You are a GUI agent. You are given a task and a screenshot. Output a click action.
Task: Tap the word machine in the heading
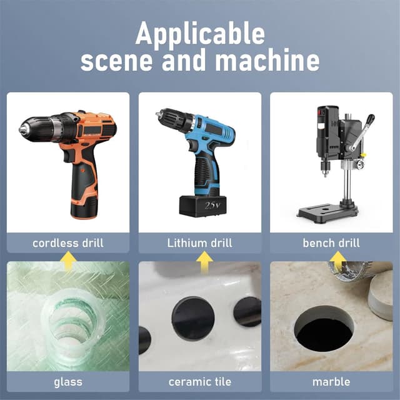(x=267, y=60)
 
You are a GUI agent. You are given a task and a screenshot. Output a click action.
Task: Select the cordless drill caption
(x=68, y=243)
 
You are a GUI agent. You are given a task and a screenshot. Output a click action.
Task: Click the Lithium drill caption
(x=200, y=243)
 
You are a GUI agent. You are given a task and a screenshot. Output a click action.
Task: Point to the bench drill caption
(x=331, y=243)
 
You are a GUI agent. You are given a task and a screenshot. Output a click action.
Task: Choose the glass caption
(x=68, y=382)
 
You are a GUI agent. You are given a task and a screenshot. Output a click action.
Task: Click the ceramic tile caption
(x=200, y=382)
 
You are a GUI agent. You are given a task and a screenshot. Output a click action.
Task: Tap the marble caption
(x=331, y=382)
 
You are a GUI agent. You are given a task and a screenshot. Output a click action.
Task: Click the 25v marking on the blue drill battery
(x=212, y=205)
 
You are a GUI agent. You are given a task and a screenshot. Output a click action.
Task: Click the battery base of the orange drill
(x=84, y=207)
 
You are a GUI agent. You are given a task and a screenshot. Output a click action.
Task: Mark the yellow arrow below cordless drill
(x=68, y=260)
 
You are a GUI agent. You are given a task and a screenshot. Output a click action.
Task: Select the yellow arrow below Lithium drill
(x=204, y=261)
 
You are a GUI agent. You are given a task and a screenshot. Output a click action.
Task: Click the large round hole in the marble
(x=324, y=329)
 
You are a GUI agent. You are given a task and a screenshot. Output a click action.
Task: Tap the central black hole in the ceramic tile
(x=193, y=318)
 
